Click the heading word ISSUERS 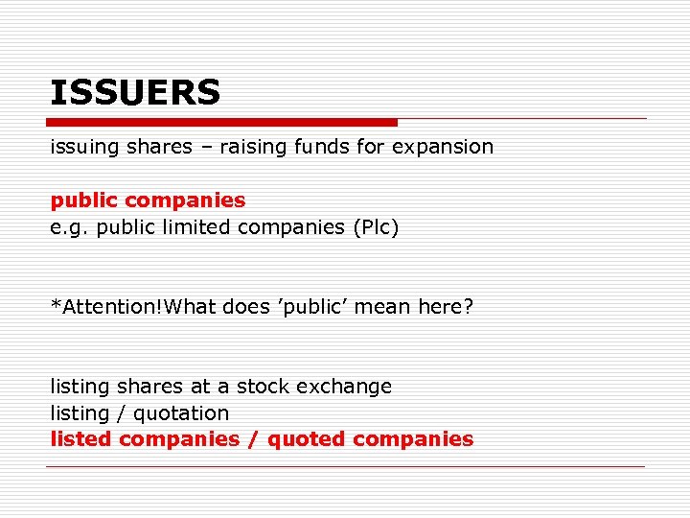135,93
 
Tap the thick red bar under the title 221,123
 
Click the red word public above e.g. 83,200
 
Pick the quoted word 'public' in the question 312,307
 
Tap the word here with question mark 446,307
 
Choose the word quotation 181,413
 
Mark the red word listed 82,439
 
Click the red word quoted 307,439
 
